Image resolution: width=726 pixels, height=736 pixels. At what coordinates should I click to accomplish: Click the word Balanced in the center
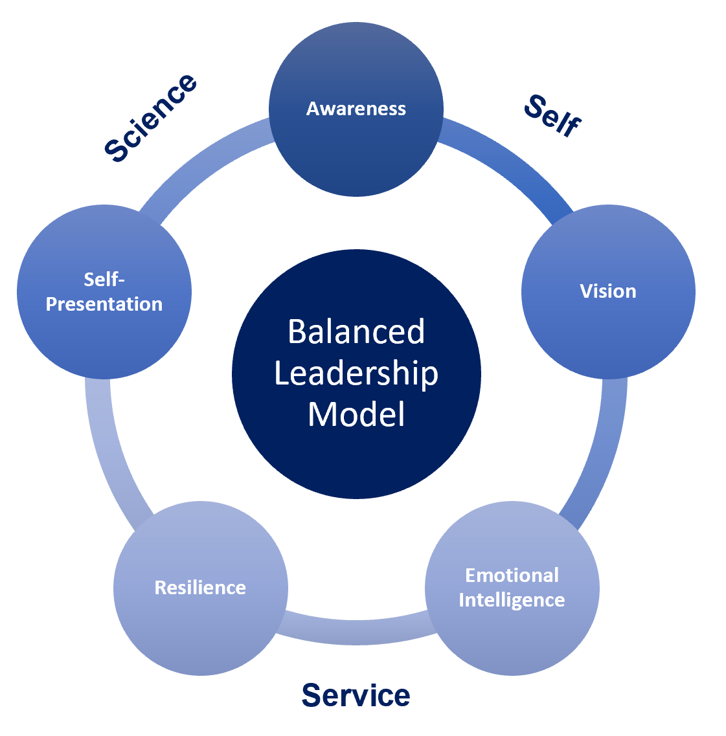pos(356,332)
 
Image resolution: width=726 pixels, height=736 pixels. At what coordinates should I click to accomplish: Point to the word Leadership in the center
pos(356,374)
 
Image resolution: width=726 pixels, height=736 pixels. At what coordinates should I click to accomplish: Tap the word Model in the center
pos(356,414)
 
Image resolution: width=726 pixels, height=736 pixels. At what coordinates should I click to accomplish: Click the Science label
pos(151,117)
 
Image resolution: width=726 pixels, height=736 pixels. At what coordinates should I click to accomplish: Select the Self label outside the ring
pos(552,115)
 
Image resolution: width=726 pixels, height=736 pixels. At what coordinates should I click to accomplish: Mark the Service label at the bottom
pos(356,695)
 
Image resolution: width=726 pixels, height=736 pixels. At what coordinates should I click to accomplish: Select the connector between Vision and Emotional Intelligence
pos(599,453)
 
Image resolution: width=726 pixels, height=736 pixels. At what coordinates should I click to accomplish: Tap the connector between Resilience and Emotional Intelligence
pos(356,631)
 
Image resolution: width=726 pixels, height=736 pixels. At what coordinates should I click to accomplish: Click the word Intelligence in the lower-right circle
pos(512,600)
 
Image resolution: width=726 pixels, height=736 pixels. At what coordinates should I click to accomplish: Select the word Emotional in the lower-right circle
pos(512,575)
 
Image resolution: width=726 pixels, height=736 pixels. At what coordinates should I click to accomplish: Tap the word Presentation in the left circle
pos(104,304)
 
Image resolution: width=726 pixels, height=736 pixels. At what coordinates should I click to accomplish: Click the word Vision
pos(608,291)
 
